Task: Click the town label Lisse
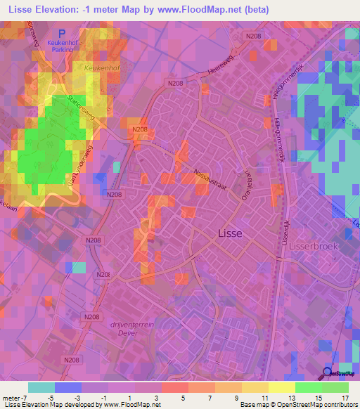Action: (231, 233)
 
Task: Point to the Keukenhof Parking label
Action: (61, 45)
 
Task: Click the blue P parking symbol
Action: (62, 33)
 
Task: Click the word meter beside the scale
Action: (11, 398)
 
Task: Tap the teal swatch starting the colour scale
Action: (41, 387)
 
